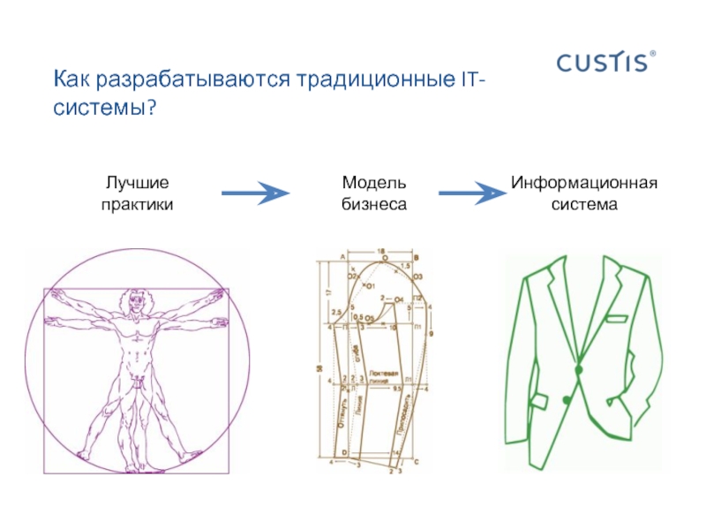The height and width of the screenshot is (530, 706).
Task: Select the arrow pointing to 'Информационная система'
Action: (472, 193)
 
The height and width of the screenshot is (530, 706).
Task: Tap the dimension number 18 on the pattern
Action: (380, 252)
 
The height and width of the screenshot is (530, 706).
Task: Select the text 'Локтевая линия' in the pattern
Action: (386, 375)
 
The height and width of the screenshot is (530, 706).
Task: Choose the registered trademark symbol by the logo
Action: (653, 54)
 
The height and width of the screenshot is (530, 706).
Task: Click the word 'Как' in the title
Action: (71, 80)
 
